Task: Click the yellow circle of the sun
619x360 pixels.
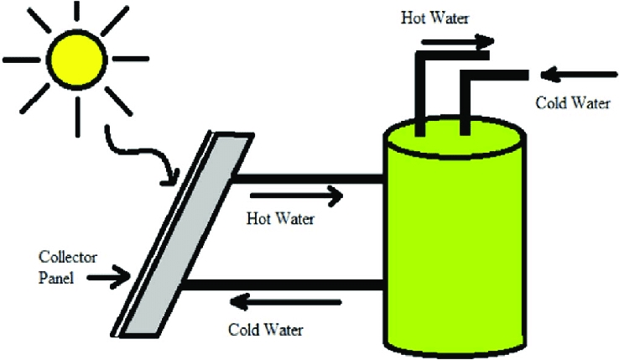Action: point(76,59)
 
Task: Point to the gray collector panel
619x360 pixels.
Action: point(189,235)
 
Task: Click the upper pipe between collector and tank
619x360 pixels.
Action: point(306,179)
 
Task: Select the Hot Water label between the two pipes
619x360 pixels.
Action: point(280,220)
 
